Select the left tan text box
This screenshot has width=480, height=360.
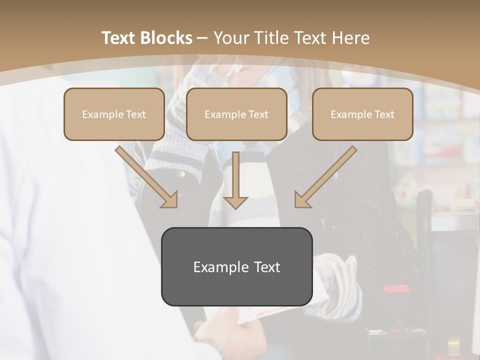pos(114,114)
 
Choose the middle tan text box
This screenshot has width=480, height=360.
pos(236,114)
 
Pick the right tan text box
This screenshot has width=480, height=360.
pos(362,114)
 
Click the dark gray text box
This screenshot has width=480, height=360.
pos(236,267)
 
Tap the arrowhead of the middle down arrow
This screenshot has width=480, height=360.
pos(235,201)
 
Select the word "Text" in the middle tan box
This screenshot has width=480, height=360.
pos(258,114)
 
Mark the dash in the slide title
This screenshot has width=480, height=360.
pos(202,38)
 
